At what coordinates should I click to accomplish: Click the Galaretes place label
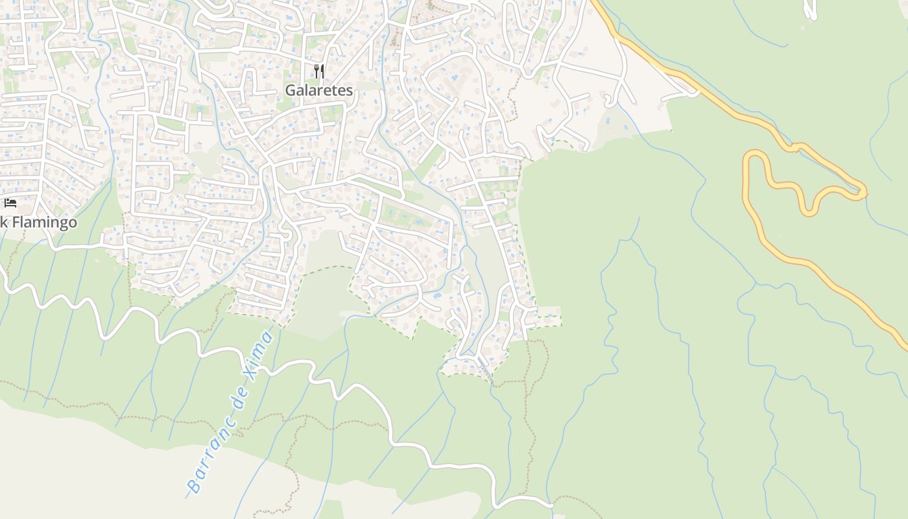point(319,90)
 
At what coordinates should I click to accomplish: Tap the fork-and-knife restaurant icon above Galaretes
point(318,70)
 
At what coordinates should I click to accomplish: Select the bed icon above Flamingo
point(10,203)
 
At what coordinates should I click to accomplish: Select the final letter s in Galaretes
point(349,91)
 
